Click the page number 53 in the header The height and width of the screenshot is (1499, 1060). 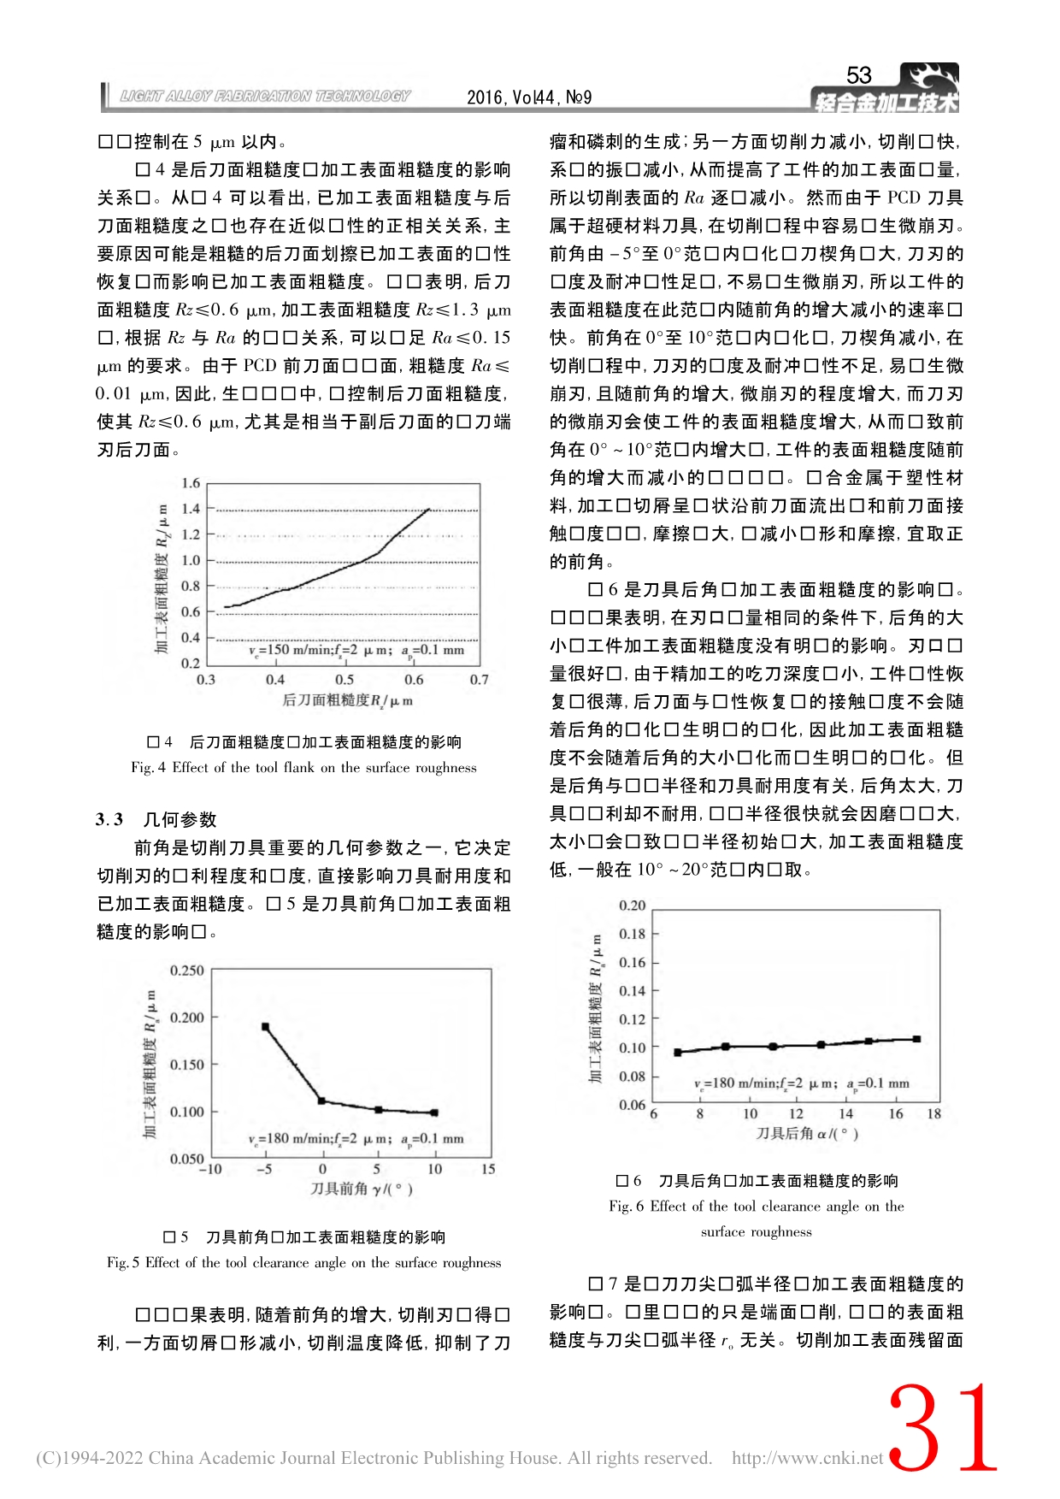(x=858, y=75)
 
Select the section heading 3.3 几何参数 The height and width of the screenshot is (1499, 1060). (x=156, y=819)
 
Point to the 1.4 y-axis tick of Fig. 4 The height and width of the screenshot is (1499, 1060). (x=191, y=509)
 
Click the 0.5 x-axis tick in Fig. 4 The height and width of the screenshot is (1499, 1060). (x=344, y=680)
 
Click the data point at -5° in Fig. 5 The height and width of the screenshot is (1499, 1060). (x=266, y=1027)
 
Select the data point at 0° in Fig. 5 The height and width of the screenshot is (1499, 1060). (x=322, y=1101)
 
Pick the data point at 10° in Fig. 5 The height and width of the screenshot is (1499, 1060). (x=435, y=1112)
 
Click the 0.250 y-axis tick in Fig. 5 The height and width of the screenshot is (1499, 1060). (x=186, y=971)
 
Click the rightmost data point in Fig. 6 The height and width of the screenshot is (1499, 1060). (x=917, y=1039)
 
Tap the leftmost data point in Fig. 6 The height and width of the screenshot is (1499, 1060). (x=678, y=1053)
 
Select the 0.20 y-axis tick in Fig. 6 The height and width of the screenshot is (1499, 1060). (x=632, y=906)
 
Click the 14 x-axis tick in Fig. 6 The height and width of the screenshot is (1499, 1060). (x=845, y=1113)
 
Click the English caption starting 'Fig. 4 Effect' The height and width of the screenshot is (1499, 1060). (x=303, y=768)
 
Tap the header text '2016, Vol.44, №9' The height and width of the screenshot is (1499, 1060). (x=529, y=97)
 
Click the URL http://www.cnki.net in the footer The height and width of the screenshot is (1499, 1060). (x=807, y=1458)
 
